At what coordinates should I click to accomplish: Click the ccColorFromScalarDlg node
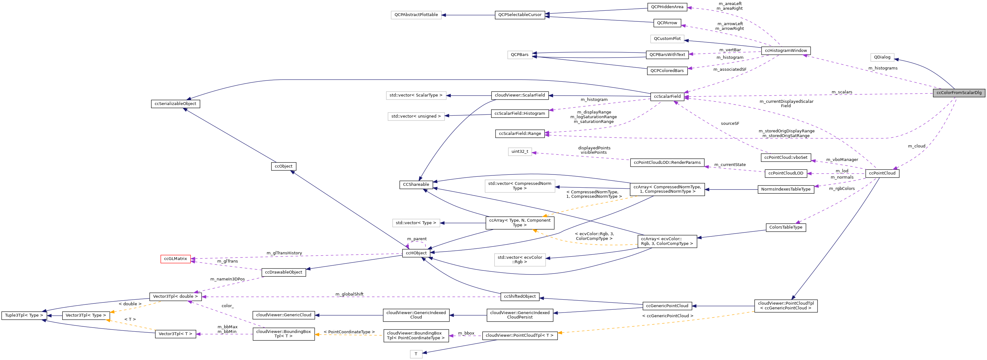(x=959, y=93)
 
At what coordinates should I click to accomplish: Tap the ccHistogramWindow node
(x=785, y=51)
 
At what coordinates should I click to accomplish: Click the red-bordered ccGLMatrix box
(x=175, y=259)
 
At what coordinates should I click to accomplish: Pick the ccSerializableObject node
(x=175, y=104)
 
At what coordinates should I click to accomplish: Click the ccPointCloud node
(x=882, y=173)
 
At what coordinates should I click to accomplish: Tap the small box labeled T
(x=416, y=354)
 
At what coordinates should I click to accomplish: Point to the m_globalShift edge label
(x=349, y=294)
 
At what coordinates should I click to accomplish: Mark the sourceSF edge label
(x=730, y=124)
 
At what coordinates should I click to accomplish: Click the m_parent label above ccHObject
(x=417, y=239)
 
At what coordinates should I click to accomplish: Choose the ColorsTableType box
(x=785, y=228)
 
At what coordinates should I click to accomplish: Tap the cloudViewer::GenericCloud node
(x=284, y=315)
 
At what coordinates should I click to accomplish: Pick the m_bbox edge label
(x=466, y=333)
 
